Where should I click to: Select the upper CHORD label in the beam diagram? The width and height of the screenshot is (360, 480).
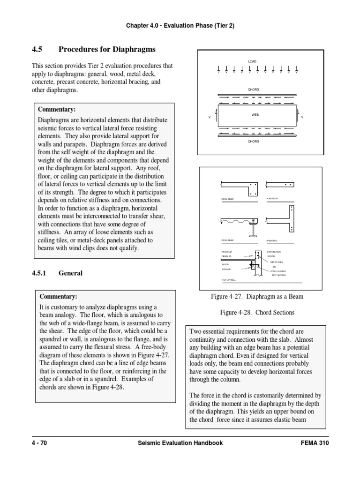pyautogui.click(x=253, y=89)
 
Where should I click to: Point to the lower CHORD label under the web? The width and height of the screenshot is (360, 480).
pyautogui.click(x=253, y=141)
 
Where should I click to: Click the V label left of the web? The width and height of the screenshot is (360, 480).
pyautogui.click(x=209, y=117)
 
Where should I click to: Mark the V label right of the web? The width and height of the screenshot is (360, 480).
pyautogui.click(x=302, y=117)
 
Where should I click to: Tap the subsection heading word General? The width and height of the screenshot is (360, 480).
pyautogui.click(x=70, y=273)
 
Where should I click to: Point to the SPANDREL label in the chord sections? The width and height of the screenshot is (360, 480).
pyautogui.click(x=271, y=240)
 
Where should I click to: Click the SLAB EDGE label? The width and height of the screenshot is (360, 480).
pyautogui.click(x=272, y=199)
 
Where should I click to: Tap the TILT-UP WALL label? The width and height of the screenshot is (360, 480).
pyautogui.click(x=229, y=280)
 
